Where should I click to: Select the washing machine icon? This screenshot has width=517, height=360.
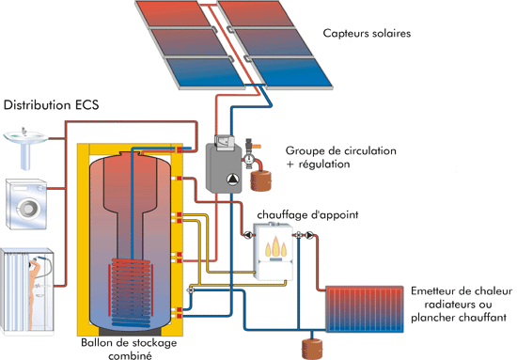click(x=23, y=201)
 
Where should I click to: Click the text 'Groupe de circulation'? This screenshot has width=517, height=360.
click(x=341, y=150)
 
